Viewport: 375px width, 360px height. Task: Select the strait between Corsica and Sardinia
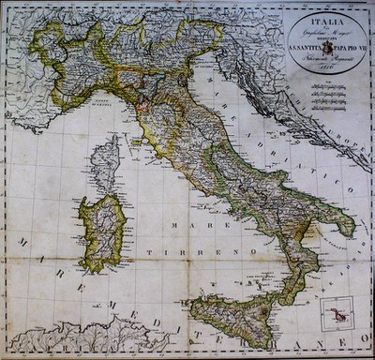(105, 194)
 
